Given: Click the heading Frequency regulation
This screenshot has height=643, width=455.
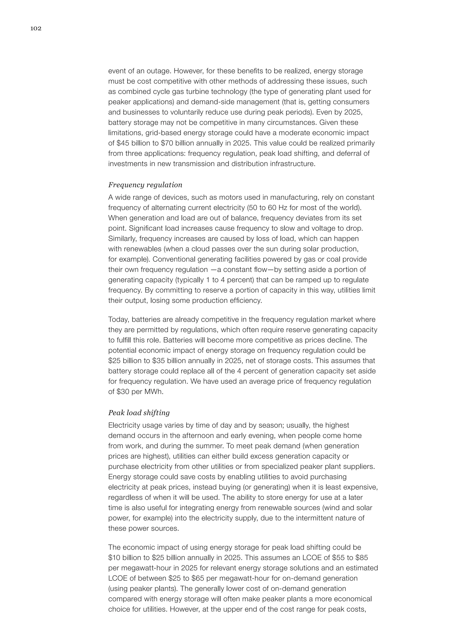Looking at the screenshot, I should (x=145, y=185).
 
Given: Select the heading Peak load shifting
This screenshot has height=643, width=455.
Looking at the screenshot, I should (x=139, y=413).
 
